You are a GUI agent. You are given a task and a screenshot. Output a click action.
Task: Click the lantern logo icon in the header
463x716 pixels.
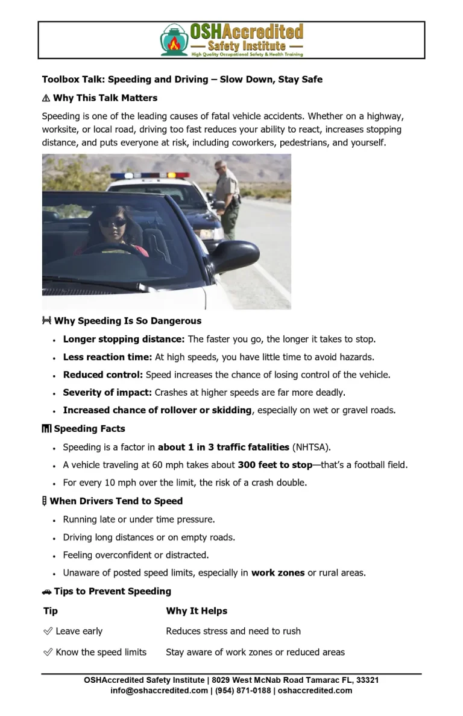(174, 40)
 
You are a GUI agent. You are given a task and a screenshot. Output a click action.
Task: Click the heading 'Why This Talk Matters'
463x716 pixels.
(105, 98)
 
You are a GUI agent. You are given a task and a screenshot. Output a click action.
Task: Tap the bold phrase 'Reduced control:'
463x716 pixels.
(103, 375)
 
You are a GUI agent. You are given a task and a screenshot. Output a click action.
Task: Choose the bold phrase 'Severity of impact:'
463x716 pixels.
(107, 393)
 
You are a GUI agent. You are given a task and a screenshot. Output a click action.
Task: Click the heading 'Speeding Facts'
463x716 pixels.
(89, 429)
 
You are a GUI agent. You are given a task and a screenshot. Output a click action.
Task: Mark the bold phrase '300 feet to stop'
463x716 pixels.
(275, 465)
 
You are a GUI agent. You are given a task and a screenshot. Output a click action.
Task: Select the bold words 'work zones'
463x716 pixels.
(278, 572)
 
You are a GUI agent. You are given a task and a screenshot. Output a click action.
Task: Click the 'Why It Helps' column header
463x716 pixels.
(197, 611)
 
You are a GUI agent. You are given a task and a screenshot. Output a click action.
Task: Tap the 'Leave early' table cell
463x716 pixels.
(79, 631)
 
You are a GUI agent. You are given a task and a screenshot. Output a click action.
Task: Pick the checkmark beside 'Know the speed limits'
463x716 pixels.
(48, 652)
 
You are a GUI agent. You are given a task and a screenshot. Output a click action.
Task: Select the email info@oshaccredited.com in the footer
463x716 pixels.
(159, 690)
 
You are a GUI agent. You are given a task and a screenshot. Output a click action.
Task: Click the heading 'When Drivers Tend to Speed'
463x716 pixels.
(116, 501)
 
